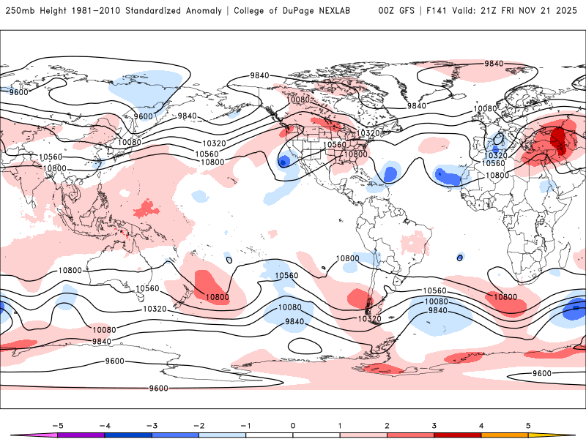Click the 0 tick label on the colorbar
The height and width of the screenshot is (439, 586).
coord(292,425)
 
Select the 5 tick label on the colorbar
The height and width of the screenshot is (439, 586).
coord(528,425)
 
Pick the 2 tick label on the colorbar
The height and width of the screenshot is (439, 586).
coord(387,425)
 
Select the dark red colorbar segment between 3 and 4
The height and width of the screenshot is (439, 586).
coord(457,435)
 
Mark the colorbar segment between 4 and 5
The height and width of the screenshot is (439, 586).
coord(504,435)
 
